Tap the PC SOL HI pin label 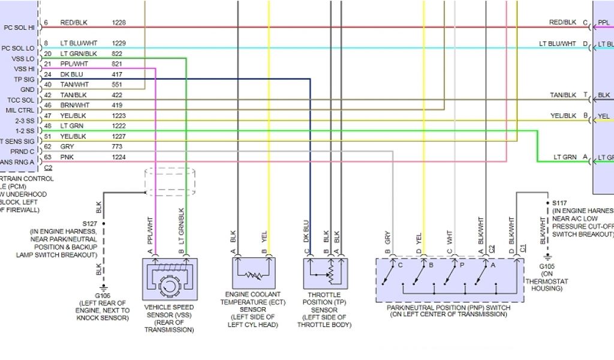click(x=19, y=27)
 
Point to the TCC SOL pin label click(x=21, y=100)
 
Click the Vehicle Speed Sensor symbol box click(x=170, y=279)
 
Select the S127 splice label click(x=91, y=223)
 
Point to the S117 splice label click(x=560, y=203)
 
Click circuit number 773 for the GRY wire click(x=117, y=146)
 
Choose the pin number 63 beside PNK click(x=46, y=157)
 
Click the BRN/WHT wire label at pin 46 click(x=74, y=105)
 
